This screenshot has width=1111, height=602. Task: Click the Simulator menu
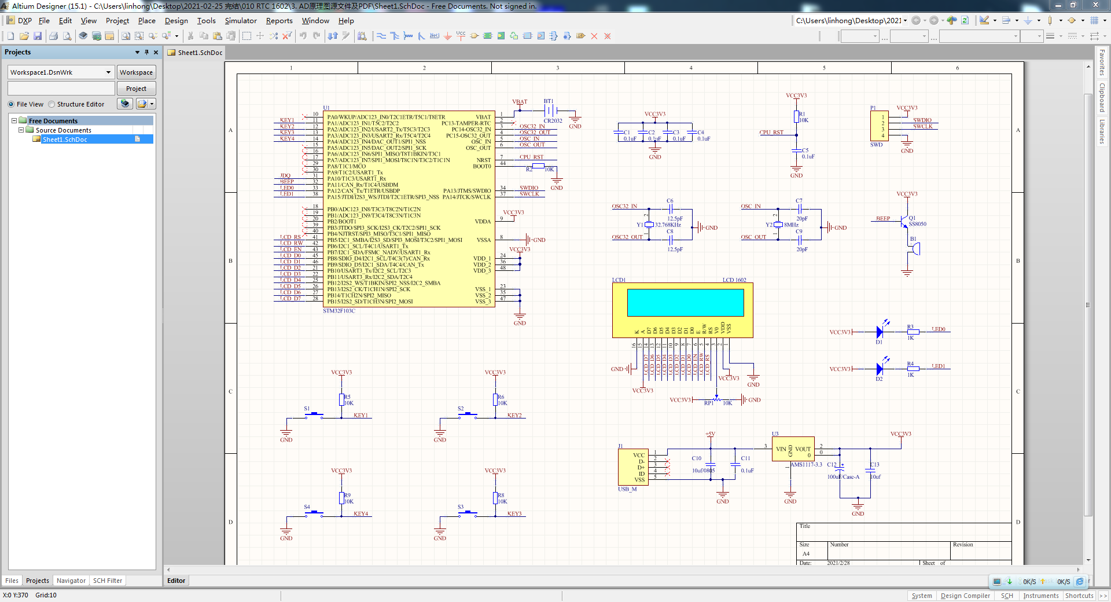(x=241, y=21)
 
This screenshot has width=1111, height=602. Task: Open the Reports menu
(x=279, y=21)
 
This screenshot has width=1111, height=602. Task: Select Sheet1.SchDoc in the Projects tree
(x=65, y=140)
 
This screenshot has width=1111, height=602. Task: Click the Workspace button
(x=136, y=72)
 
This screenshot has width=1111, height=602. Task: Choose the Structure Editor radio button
(x=52, y=104)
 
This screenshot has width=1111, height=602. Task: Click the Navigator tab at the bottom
(x=71, y=581)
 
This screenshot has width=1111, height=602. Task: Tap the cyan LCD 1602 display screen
(x=685, y=302)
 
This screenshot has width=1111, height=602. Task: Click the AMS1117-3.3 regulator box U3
(x=793, y=449)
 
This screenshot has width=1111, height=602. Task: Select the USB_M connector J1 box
(x=633, y=468)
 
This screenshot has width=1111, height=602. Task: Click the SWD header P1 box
(x=879, y=126)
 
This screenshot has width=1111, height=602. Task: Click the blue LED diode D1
(x=880, y=332)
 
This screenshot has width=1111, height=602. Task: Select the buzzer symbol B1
(x=915, y=249)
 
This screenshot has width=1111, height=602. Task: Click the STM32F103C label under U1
(x=339, y=311)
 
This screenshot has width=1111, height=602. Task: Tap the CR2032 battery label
(x=553, y=121)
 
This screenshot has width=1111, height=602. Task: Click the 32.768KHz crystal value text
(x=668, y=225)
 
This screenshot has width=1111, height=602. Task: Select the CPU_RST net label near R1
(x=771, y=133)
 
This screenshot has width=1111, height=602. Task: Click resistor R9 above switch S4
(x=342, y=498)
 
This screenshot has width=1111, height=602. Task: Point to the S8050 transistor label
(x=917, y=224)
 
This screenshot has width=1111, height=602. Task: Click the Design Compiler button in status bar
(x=965, y=596)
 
